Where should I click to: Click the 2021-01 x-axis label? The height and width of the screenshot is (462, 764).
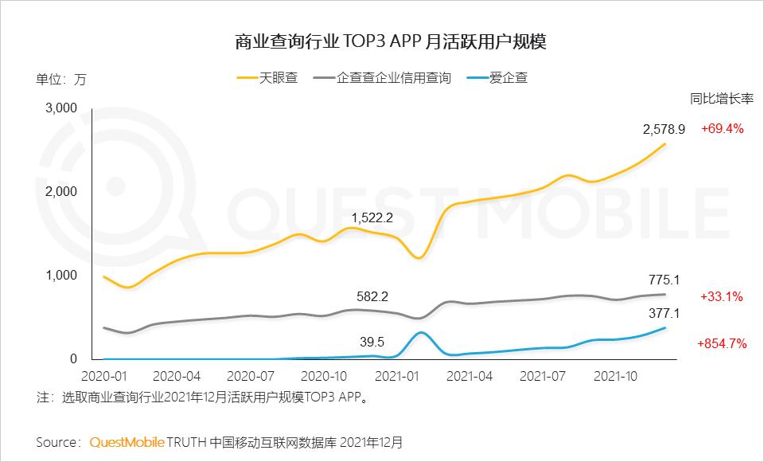(397, 374)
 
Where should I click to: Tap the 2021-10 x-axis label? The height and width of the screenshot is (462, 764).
(619, 374)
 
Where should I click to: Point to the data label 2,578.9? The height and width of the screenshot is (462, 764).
(665, 128)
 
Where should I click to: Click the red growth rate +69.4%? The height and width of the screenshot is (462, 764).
(722, 128)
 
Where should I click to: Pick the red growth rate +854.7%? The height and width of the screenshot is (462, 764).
(721, 343)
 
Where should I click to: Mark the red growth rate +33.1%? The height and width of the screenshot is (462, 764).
(722, 296)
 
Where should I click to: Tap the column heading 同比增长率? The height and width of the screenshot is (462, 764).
(721, 99)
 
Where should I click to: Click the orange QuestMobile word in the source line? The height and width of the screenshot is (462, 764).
(127, 441)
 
